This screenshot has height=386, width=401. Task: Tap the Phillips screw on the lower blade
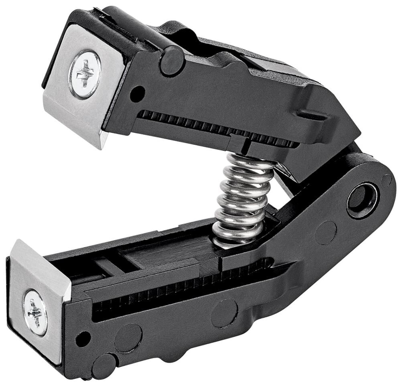pos(35,312)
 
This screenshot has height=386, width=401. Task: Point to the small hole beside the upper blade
pos(137,93)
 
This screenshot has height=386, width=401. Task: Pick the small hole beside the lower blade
pos(83,339)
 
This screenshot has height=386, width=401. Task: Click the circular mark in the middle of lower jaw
pos(224,313)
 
